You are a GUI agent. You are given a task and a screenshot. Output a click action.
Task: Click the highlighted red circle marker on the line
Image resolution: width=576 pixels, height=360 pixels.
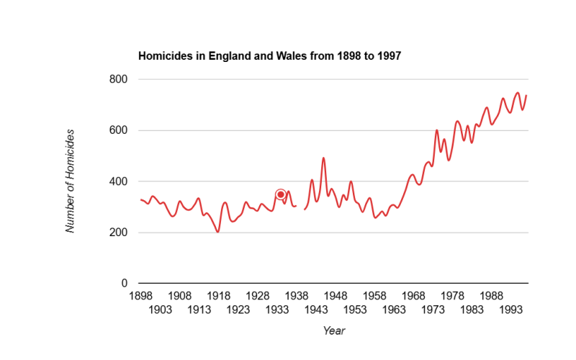click(x=281, y=194)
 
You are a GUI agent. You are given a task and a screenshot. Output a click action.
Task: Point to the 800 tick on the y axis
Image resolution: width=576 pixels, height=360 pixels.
click(x=120, y=79)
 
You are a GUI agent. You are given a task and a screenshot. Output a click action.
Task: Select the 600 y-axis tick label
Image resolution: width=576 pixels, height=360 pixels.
click(x=120, y=130)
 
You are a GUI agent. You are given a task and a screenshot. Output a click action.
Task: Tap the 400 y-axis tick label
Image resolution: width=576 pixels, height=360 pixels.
click(x=120, y=181)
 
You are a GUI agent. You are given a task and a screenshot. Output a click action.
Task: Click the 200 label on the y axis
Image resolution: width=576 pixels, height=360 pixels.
click(x=120, y=233)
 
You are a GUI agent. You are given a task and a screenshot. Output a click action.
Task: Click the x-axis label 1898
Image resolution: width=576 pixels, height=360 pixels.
click(x=140, y=295)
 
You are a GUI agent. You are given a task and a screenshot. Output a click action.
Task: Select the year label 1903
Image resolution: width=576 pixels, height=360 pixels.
click(x=160, y=310)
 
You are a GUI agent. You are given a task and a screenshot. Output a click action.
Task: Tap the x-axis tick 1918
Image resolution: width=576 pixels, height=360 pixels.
click(x=219, y=295)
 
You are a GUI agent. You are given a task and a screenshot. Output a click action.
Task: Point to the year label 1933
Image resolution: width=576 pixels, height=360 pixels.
click(x=278, y=310)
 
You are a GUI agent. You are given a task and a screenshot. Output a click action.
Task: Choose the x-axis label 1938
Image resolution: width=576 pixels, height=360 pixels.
click(x=297, y=295)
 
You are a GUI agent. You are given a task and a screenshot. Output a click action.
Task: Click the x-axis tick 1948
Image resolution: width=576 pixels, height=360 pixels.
click(x=336, y=295)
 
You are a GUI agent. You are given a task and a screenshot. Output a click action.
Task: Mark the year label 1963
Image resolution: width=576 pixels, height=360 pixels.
click(x=395, y=310)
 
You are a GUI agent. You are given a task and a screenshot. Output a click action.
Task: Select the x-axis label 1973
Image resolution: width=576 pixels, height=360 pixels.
click(x=433, y=310)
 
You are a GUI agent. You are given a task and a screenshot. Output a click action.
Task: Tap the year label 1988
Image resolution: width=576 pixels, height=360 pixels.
click(x=492, y=295)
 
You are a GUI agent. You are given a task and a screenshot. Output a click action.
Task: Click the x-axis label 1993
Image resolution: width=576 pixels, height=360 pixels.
click(x=512, y=310)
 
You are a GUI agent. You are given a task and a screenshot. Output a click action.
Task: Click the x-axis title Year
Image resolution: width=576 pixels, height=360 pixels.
click(x=334, y=331)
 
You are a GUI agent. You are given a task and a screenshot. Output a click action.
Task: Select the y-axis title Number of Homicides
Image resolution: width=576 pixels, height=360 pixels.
click(x=71, y=181)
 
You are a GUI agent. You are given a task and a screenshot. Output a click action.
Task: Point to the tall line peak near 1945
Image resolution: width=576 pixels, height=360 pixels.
click(x=323, y=158)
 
